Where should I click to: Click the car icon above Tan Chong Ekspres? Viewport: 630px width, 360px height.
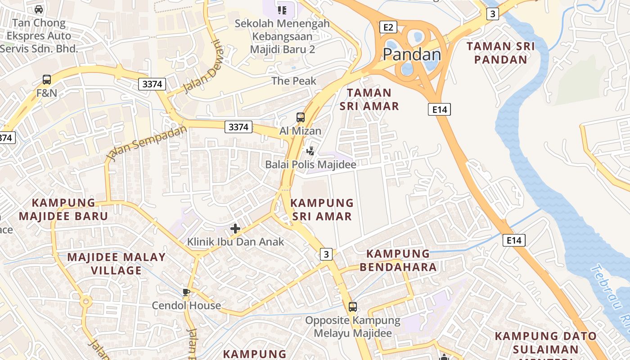[x=39, y=9]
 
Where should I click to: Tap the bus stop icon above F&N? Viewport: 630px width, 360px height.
[x=47, y=80]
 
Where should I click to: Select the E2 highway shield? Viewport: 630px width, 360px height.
[x=388, y=27]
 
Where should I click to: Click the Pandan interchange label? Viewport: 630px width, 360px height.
[x=412, y=54]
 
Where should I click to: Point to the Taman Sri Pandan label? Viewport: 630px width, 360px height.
[x=501, y=53]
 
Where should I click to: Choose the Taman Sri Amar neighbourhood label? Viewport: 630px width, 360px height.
[x=369, y=99]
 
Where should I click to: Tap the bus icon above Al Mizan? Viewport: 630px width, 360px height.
[x=300, y=117]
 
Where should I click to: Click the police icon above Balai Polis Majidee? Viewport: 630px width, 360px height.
[x=310, y=151]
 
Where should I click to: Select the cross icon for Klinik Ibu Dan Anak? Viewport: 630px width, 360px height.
[x=235, y=229]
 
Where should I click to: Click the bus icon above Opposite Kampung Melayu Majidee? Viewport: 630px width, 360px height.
[x=353, y=307]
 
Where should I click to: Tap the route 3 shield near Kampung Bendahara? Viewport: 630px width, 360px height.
[x=326, y=254]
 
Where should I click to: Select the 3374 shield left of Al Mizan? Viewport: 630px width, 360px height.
[x=238, y=127]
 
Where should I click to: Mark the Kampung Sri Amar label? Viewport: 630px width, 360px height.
[x=322, y=210]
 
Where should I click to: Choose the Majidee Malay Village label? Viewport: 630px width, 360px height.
[x=116, y=264]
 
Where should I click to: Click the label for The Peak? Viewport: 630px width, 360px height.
[x=294, y=81]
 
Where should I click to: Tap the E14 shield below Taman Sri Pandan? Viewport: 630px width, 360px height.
[x=439, y=109]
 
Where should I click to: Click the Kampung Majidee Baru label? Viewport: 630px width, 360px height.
[x=63, y=209]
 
